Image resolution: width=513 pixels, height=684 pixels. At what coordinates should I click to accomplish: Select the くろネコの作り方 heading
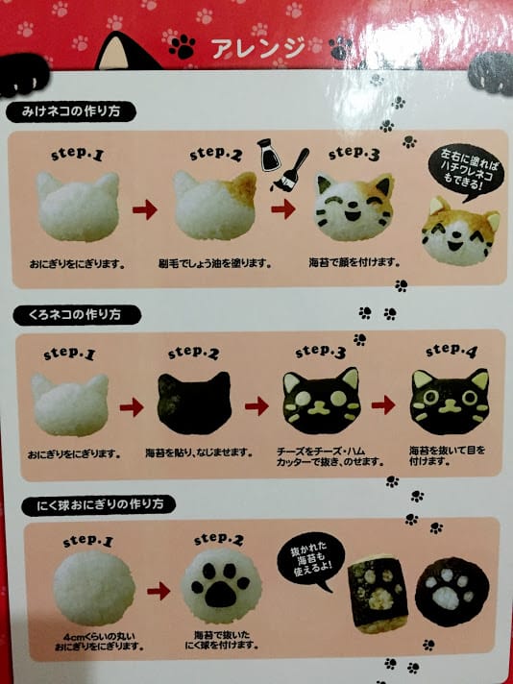click(x=74, y=315)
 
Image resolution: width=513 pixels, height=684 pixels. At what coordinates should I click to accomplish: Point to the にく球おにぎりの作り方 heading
click(x=91, y=503)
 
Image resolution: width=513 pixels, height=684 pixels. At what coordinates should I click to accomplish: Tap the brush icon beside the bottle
click(x=295, y=164)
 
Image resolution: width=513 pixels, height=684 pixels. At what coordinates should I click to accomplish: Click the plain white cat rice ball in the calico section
click(x=77, y=206)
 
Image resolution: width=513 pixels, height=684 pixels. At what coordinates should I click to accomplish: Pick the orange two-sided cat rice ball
click(x=461, y=233)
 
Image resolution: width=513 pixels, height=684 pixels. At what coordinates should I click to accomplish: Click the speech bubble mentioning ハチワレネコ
click(x=460, y=169)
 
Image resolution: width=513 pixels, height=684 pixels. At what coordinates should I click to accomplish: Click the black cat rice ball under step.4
click(x=449, y=401)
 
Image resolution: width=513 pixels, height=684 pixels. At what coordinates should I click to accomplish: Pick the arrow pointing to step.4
click(x=383, y=404)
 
